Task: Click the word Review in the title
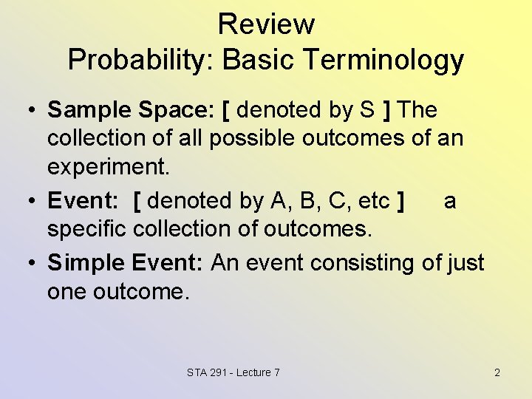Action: click(266, 24)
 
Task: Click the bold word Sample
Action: click(80, 110)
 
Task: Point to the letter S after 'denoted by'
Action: click(367, 110)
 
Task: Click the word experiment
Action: click(108, 166)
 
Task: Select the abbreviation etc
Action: click(373, 201)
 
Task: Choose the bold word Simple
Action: click(85, 262)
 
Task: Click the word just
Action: click(466, 262)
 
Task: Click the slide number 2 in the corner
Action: click(497, 372)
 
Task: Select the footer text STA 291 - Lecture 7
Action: click(233, 372)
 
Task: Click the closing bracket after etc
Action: click(400, 201)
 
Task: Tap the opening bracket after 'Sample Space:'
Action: click(225, 110)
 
